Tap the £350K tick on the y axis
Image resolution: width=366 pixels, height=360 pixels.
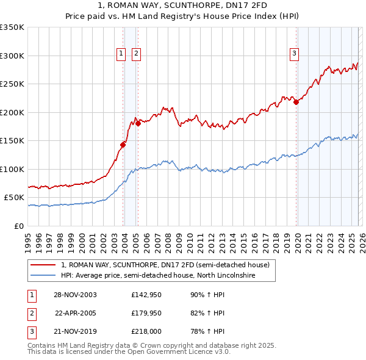click(x=12, y=27)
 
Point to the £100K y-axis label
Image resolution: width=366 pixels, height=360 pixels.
click(x=12, y=169)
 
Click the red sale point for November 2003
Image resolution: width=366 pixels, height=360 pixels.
click(x=123, y=145)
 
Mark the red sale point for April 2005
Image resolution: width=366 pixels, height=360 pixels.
click(x=138, y=123)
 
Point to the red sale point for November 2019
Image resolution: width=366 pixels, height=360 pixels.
click(x=296, y=103)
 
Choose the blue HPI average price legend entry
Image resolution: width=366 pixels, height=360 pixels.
click(x=157, y=276)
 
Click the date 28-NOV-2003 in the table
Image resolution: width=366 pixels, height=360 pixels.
click(x=75, y=295)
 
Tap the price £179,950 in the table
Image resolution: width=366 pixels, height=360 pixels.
click(x=146, y=313)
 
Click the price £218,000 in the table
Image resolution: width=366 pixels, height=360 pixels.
click(x=146, y=331)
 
